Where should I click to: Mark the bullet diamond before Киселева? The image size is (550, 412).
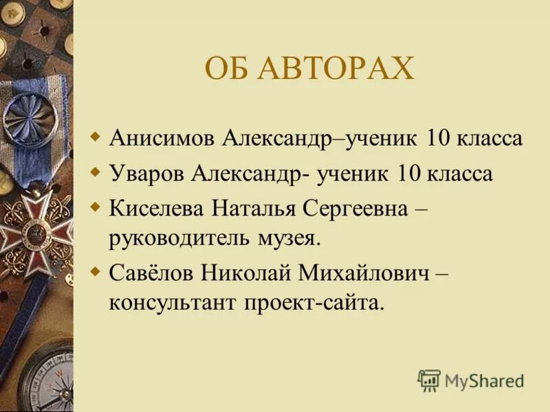pos(96,205)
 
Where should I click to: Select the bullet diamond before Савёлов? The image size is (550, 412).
pos(96,269)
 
